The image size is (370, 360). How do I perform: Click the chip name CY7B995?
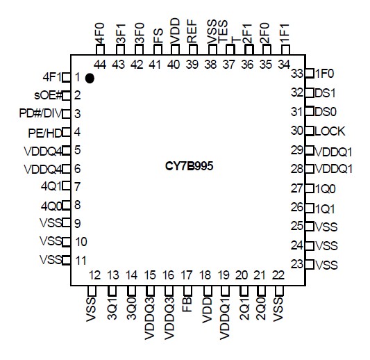[184, 168]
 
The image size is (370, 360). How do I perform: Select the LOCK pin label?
[330, 131]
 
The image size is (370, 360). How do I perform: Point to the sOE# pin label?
[49, 95]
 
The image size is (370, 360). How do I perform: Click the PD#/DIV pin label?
[40, 113]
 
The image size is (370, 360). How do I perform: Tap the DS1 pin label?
[325, 92]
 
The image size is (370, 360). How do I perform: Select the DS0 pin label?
[325, 111]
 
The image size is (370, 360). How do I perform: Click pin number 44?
[100, 64]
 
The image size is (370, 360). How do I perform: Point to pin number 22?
[278, 275]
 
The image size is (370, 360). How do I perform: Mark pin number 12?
[95, 275]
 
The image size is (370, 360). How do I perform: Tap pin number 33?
[297, 74]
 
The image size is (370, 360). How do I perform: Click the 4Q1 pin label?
[51, 186]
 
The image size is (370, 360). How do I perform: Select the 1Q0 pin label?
[325, 188]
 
